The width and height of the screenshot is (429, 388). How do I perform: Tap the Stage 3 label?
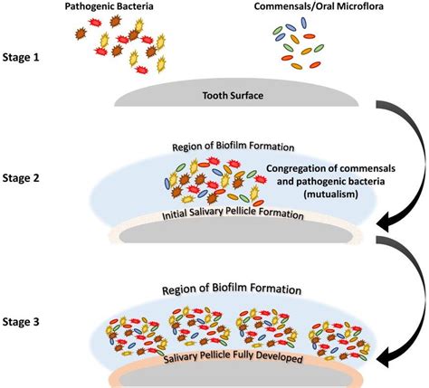pyautogui.click(x=30, y=321)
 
